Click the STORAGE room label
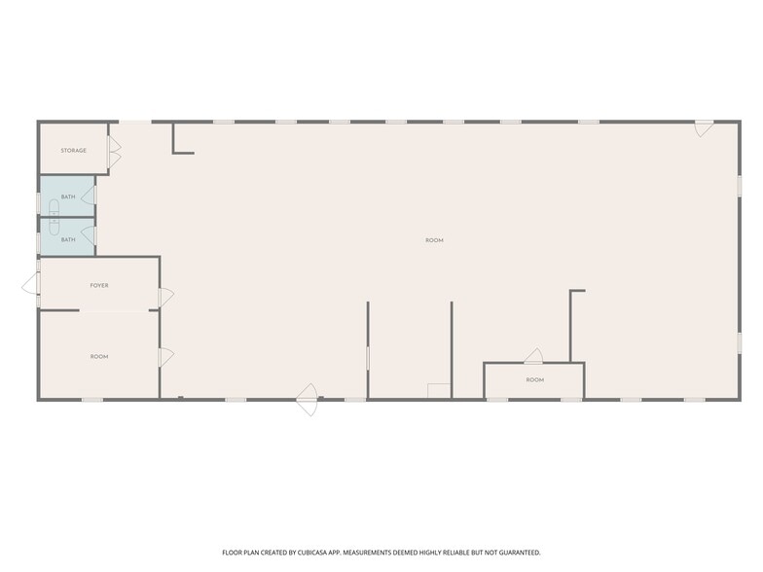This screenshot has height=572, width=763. coord(73,151)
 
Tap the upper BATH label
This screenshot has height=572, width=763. coord(68,197)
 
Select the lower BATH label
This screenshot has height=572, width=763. coord(68,239)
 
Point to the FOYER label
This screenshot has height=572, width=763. coord(99,286)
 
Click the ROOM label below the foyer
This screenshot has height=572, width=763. coord(99,357)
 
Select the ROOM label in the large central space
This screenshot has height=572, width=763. coord(434,239)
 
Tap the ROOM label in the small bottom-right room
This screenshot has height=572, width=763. coord(535,379)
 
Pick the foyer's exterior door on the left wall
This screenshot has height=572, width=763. coord(31,285)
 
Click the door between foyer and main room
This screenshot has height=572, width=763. coord(165,296)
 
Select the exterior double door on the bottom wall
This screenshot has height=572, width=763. coord(308,399)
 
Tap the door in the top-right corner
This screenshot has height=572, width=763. coord(704,128)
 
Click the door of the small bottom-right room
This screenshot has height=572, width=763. coord(533,356)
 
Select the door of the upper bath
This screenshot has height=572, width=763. coord(90,195)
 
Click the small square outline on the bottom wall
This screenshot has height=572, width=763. coord(439,391)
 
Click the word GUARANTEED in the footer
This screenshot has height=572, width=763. coord(516,552)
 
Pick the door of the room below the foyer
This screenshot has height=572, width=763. coord(165,357)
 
